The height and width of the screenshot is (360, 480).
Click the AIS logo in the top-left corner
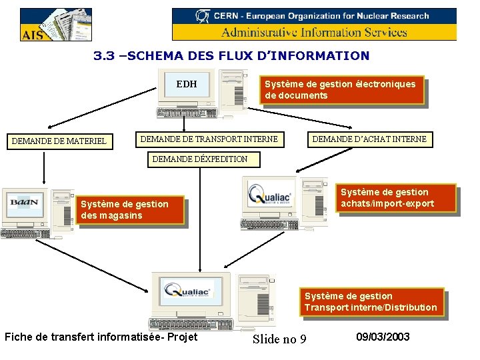(x=56, y=25)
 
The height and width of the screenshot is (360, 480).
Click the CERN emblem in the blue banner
(x=203, y=15)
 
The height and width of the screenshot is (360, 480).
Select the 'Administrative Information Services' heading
(x=314, y=32)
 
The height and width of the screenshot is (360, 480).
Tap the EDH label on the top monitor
(x=187, y=84)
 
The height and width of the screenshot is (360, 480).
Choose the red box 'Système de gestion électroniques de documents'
(x=342, y=90)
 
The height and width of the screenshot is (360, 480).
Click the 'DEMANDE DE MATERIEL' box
(x=60, y=141)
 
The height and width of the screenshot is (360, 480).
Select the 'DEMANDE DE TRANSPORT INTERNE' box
(x=209, y=139)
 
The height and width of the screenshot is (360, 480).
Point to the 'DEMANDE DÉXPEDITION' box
(x=200, y=159)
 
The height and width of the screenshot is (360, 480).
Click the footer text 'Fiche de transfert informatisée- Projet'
(x=101, y=337)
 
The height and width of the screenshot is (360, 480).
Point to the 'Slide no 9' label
(x=279, y=339)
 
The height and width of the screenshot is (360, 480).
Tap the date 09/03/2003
(x=383, y=337)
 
